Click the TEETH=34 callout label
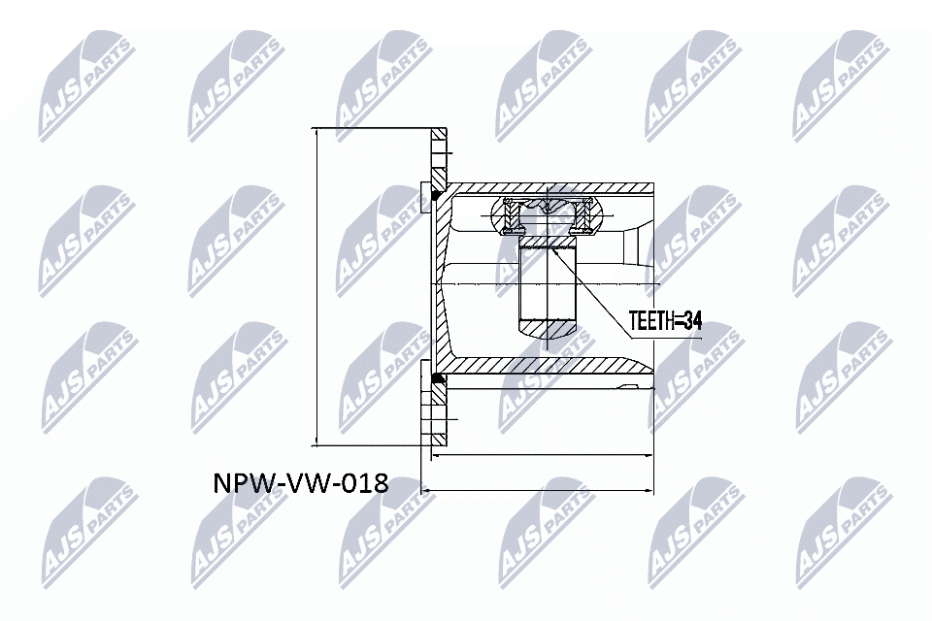(664, 320)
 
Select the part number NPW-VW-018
(300, 482)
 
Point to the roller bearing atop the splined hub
(548, 215)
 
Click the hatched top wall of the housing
(553, 185)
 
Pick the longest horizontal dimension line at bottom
(539, 490)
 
